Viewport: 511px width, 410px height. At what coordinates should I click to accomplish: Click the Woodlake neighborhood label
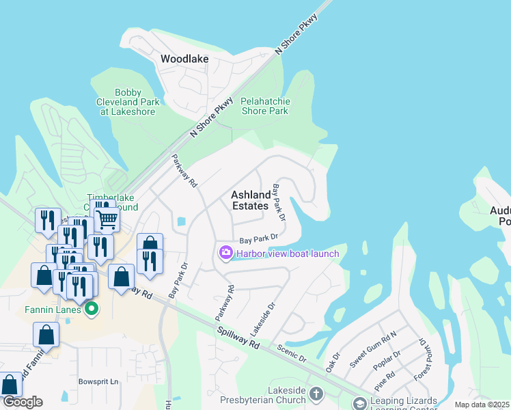click(184, 59)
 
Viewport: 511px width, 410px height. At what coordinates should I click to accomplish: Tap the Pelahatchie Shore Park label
click(266, 106)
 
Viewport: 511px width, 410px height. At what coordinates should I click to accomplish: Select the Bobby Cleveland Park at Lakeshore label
click(128, 102)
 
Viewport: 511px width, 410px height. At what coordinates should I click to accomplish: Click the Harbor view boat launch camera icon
click(225, 254)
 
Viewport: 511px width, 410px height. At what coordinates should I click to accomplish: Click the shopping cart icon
click(107, 219)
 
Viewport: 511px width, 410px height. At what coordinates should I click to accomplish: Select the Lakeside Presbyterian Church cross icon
click(316, 394)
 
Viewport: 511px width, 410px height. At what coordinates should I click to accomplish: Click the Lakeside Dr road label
click(262, 318)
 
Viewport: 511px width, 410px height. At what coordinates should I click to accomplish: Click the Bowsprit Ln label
click(98, 381)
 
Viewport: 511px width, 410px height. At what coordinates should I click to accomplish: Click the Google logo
click(23, 402)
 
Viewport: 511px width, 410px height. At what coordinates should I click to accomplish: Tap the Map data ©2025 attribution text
click(482, 405)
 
